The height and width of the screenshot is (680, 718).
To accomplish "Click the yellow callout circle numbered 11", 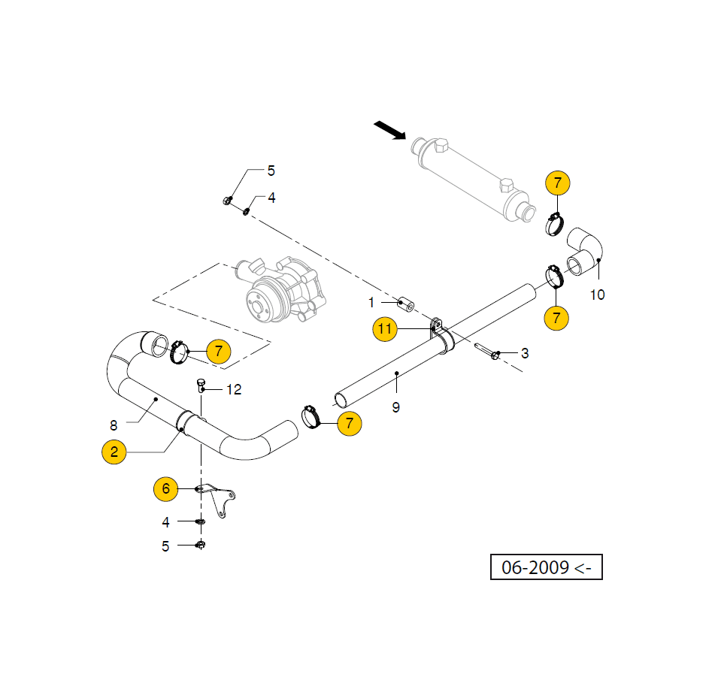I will pos(385,328).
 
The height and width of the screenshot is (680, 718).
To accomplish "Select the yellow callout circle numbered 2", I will pos(114,452).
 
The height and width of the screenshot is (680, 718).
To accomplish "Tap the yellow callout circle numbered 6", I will pos(165,489).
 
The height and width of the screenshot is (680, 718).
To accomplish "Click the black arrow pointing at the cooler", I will pos(389,131).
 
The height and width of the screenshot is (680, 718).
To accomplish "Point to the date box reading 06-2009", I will pos(547,567).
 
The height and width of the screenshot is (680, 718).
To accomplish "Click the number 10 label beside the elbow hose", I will pos(597,295).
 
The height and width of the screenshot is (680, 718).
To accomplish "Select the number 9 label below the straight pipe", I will pos(395,407).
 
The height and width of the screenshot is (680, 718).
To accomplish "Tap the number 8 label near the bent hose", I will pos(114,425).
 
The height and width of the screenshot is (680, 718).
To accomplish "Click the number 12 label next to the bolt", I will pos(234,389).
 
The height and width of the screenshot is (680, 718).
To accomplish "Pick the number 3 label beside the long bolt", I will pos(525,352).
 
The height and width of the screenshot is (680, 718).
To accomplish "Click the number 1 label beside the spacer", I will pos(371,303).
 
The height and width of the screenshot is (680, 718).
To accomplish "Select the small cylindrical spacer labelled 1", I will pos(406,304).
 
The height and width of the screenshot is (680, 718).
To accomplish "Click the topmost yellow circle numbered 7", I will pos(557,183).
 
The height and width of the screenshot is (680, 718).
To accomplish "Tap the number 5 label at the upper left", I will pos(271,171).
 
